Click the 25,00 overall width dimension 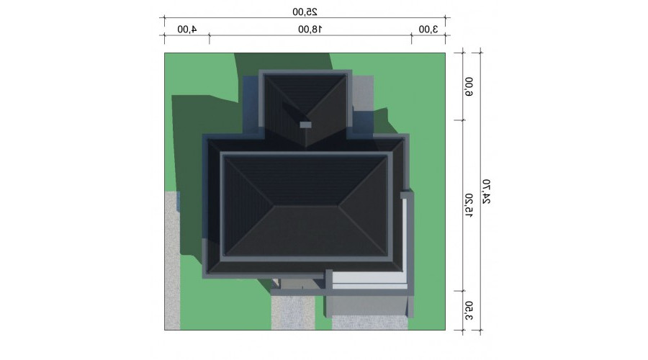coord(305,12)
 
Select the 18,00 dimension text coord(310,30)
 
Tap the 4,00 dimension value coord(186,30)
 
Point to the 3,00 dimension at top coord(428,30)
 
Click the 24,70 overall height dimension coord(487,192)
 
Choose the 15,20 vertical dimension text coord(469,205)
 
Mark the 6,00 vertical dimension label coord(469,86)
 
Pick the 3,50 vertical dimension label coord(469,311)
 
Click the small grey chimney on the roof coord(305,125)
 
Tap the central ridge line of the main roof coord(305,204)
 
